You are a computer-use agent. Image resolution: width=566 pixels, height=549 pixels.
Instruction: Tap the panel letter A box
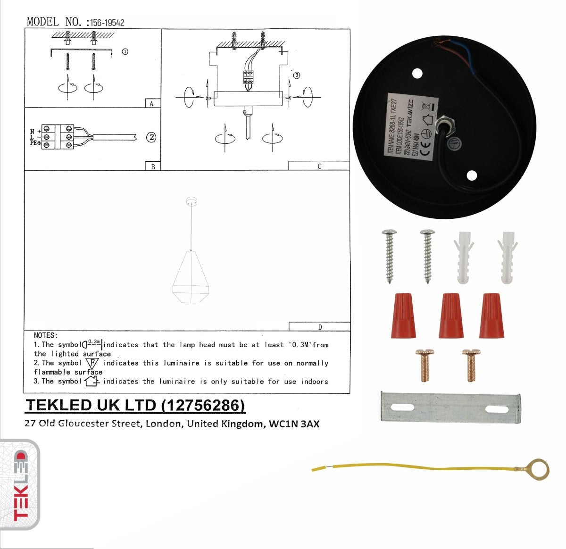tap(151, 103)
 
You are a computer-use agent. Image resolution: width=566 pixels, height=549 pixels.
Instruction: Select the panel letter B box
tap(152, 166)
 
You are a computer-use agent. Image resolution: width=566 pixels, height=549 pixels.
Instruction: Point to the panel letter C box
tap(319, 166)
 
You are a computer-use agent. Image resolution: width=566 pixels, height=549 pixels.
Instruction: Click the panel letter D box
tap(319, 327)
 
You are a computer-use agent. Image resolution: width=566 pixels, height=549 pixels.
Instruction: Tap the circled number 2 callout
tap(151, 137)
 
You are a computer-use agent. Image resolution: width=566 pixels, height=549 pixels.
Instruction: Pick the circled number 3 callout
tap(296, 75)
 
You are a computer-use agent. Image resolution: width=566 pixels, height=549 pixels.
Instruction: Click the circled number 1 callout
tap(125, 51)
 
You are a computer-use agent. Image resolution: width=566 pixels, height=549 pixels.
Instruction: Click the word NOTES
tap(45, 335)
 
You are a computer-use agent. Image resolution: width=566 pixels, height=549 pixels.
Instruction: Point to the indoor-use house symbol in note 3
tap(91, 381)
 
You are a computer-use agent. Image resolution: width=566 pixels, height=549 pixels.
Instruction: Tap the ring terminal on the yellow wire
tap(538, 469)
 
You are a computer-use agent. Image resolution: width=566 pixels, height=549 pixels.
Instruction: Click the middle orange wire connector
tap(450, 316)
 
